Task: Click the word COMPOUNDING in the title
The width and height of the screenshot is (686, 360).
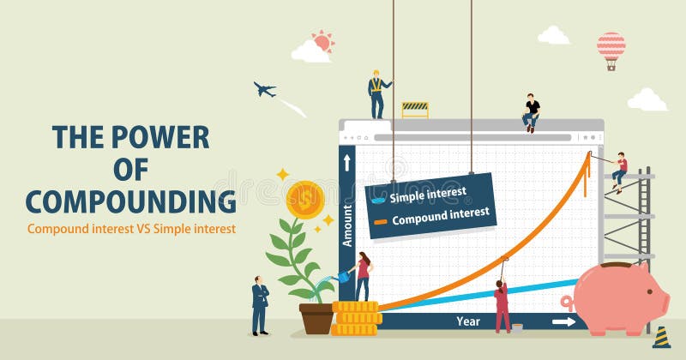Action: tap(131, 201)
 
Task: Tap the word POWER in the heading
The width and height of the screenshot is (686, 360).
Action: tap(160, 137)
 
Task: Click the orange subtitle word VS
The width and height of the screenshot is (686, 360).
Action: tap(144, 228)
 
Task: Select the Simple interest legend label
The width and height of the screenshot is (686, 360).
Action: tap(428, 195)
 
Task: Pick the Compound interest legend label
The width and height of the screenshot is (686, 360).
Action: tap(441, 217)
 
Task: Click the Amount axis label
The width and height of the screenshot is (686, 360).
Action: tap(347, 225)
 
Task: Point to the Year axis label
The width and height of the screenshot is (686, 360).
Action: tap(468, 321)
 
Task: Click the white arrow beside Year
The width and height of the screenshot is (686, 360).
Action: tap(563, 322)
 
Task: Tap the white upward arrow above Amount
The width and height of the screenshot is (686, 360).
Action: tap(347, 163)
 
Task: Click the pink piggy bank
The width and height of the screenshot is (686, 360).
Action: tap(617, 298)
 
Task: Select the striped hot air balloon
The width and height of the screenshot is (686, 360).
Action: tap(611, 51)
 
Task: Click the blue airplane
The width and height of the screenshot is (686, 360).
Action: tap(265, 89)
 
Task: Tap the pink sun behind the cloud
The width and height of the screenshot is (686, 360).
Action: tap(323, 42)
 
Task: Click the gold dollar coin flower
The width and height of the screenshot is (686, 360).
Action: tap(305, 200)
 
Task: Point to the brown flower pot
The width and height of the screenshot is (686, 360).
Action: tap(316, 319)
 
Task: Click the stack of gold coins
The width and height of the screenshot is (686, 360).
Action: tap(356, 319)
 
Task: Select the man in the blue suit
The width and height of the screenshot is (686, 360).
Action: tap(260, 306)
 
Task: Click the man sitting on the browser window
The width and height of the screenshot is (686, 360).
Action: tap(531, 113)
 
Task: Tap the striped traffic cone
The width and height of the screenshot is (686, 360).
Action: tap(661, 337)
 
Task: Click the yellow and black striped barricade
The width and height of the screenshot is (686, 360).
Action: tap(415, 110)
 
